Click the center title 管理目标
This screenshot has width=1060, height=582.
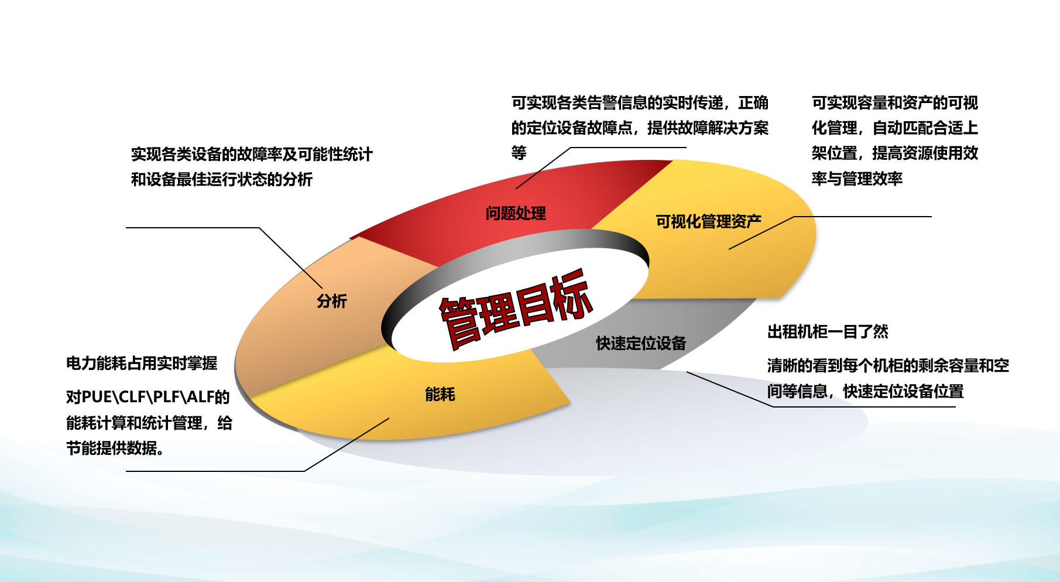click(516, 309)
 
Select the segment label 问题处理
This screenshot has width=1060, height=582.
click(516, 213)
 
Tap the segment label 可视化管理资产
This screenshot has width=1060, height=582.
click(708, 221)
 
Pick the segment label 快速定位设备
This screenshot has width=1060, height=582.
click(641, 343)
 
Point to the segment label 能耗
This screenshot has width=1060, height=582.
click(440, 394)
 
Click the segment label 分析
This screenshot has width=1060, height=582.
click(332, 301)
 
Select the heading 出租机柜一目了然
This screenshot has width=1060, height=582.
click(828, 332)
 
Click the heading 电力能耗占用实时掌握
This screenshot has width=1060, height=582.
click(142, 364)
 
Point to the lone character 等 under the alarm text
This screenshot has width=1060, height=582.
click(519, 153)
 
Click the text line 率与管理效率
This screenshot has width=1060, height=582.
click(857, 179)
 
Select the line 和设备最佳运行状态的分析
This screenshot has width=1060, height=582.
click(222, 179)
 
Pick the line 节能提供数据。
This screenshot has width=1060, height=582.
click(116, 448)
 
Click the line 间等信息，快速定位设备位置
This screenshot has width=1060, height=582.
click(866, 391)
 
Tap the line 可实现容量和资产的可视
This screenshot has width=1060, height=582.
click(895, 103)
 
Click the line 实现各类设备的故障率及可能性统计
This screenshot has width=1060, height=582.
click(252, 154)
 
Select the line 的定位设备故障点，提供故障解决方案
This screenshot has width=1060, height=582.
click(640, 128)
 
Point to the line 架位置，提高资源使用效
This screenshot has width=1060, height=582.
click(895, 153)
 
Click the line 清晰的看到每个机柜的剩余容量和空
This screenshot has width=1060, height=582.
click(889, 366)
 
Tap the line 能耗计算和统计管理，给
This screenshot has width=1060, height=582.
click(149, 423)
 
